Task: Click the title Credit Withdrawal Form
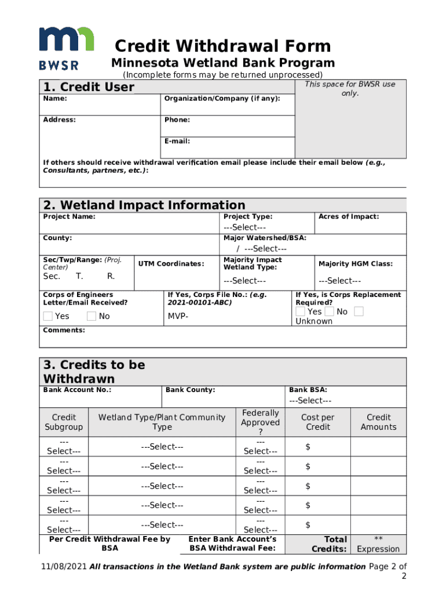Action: (222, 46)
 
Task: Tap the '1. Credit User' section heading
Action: (89, 87)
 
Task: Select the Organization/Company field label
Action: (222, 99)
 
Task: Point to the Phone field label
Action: (177, 120)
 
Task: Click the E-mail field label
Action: (177, 141)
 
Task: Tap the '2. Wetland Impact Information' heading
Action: (144, 205)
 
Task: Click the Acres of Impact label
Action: (349, 216)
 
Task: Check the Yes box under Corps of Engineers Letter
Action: (48, 316)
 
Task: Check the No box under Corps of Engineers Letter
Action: (92, 316)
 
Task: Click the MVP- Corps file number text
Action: (178, 316)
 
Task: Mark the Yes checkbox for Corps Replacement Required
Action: (300, 312)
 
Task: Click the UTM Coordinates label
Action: (171, 264)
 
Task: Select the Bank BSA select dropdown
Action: (310, 401)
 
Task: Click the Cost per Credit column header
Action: (317, 422)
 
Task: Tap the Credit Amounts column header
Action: (378, 422)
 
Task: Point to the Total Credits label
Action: (329, 544)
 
